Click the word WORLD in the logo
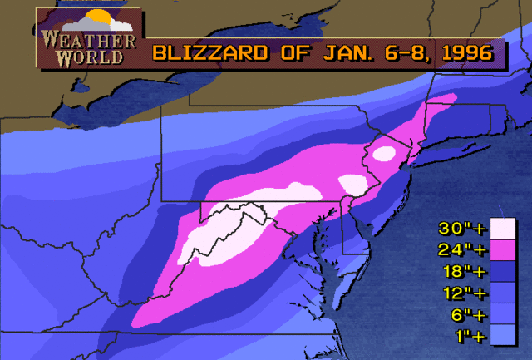86,57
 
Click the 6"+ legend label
462,314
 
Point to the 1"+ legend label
462,336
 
